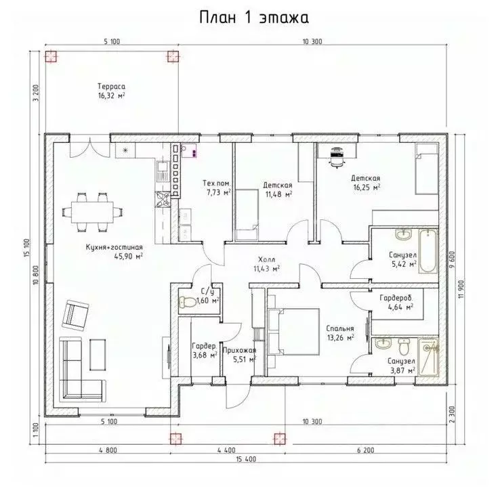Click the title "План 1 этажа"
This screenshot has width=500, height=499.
click(x=249, y=16)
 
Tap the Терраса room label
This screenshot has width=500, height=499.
click(x=111, y=87)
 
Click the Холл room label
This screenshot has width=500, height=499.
click(x=266, y=260)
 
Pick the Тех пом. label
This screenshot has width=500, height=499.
click(x=217, y=183)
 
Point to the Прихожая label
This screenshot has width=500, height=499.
click(x=239, y=350)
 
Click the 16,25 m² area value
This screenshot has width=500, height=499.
click(x=365, y=188)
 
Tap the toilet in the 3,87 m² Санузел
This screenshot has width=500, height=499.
click(x=403, y=348)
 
